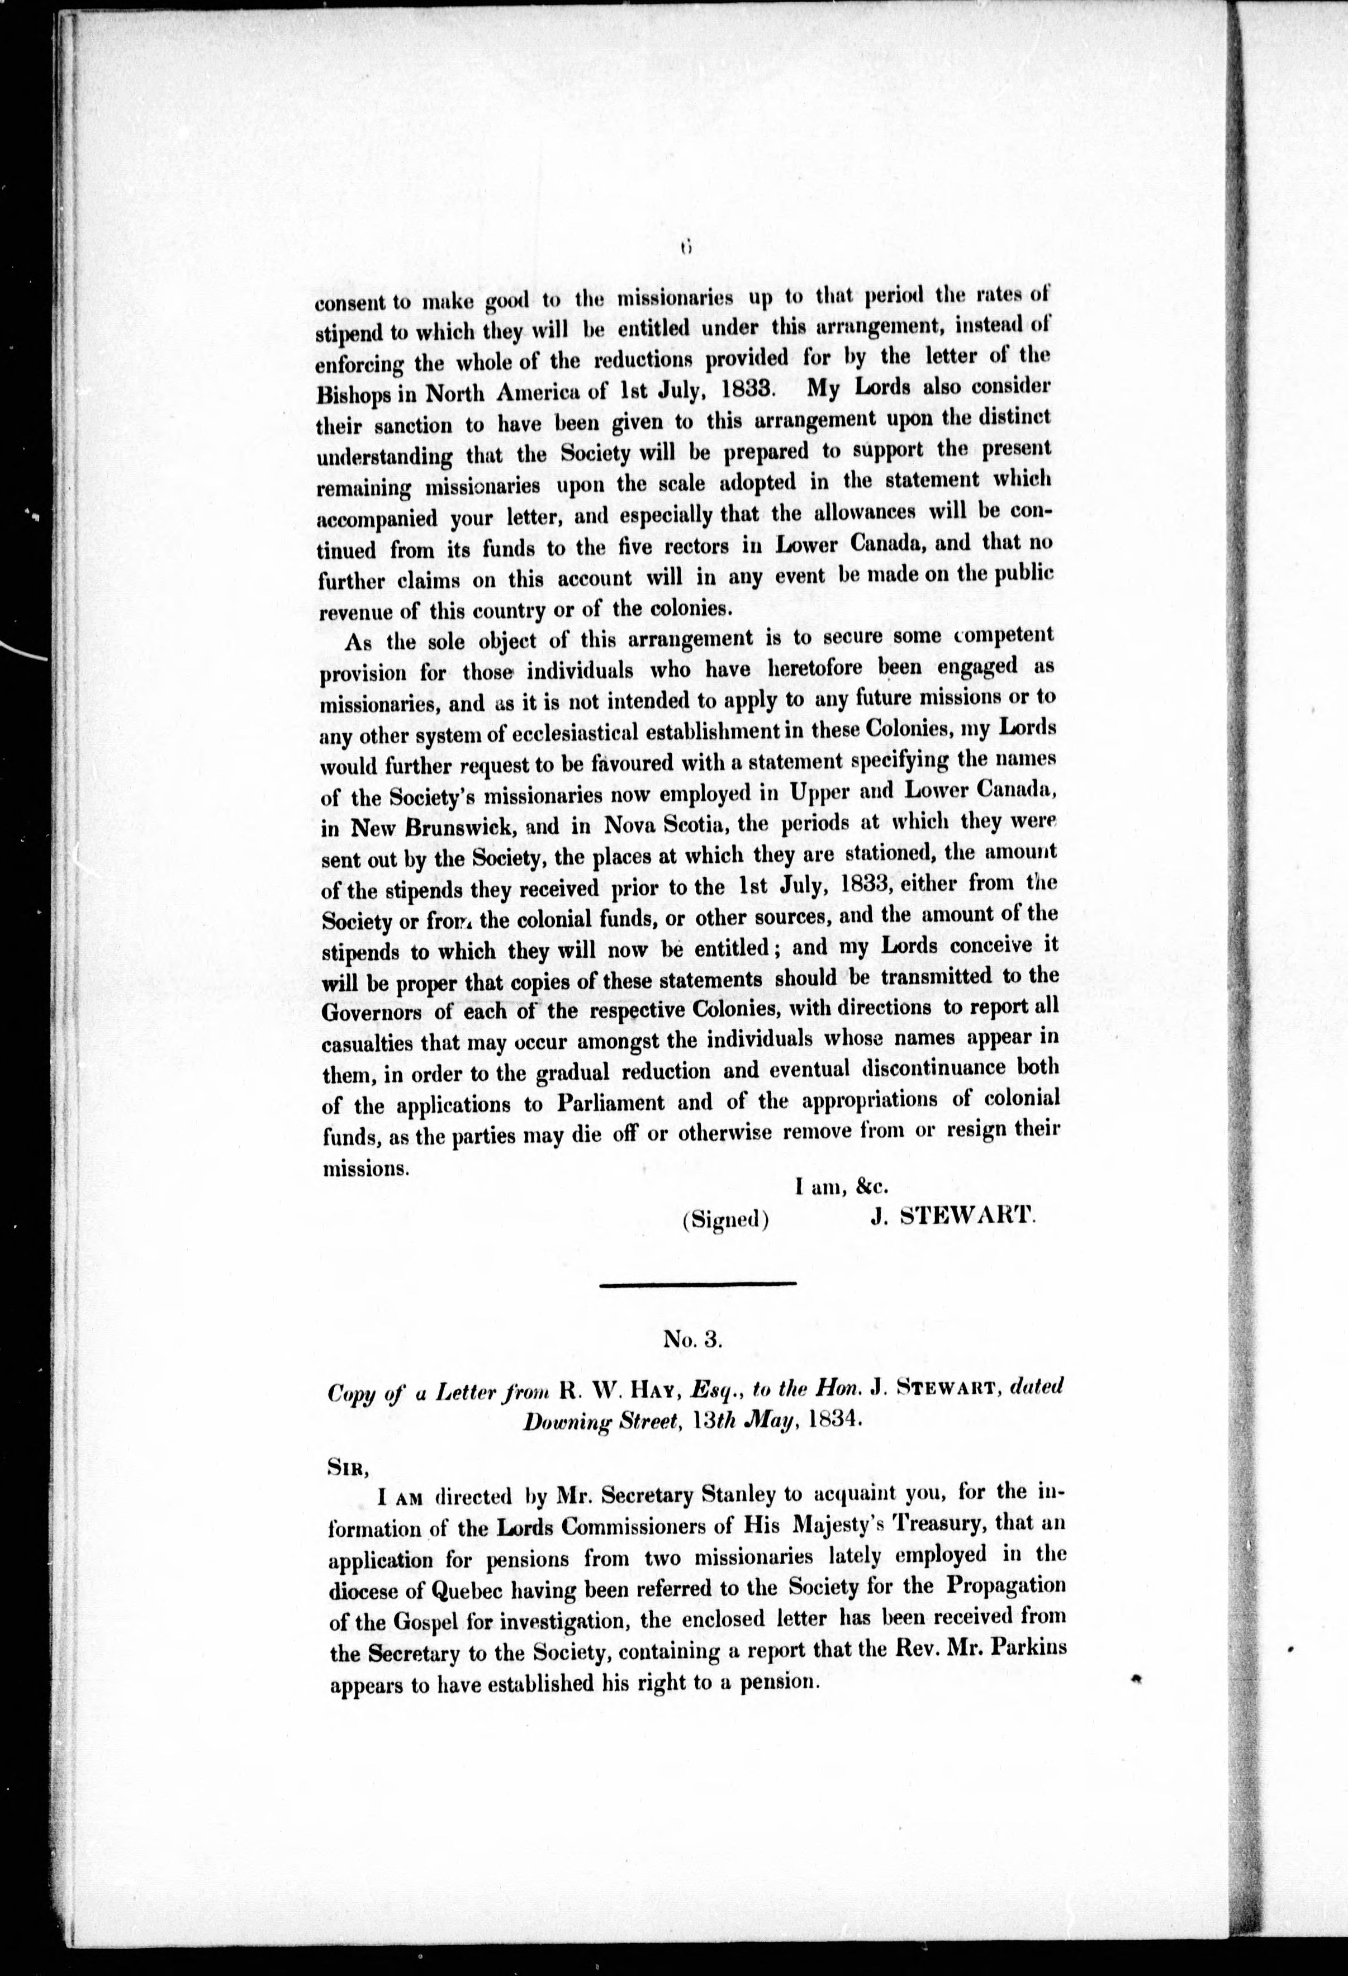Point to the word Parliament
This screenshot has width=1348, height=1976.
tap(611, 1103)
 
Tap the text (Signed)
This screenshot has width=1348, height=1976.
tap(725, 1219)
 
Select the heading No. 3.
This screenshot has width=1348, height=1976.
tap(692, 1340)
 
